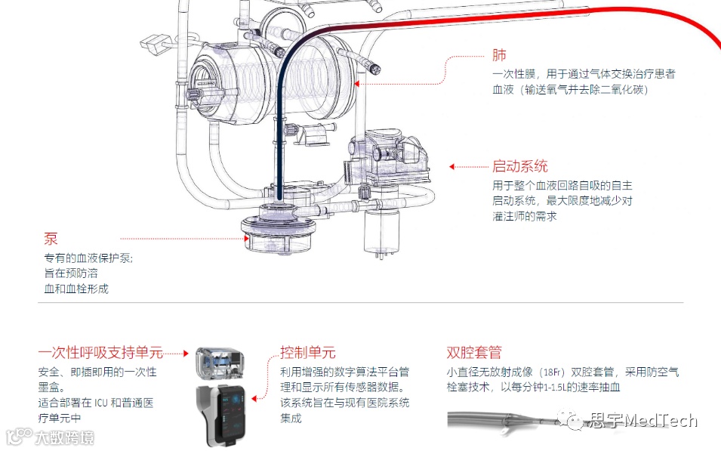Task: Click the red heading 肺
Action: coord(499,56)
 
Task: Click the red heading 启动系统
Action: coord(519,166)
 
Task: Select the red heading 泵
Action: coord(51,239)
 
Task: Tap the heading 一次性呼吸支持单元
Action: coord(100,353)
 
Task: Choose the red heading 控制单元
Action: coord(308,353)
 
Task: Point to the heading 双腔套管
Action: coord(474,353)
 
